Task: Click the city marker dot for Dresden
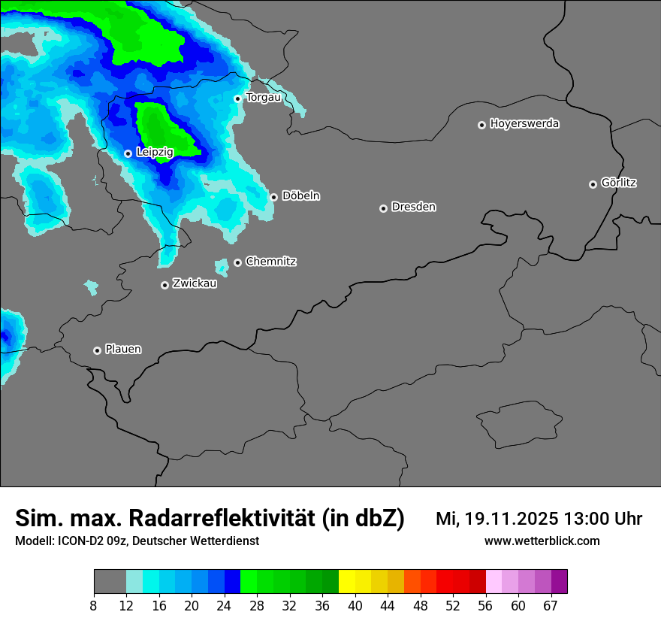(383, 208)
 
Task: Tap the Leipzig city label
(155, 152)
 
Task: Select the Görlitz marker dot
(593, 184)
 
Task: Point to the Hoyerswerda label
(524, 123)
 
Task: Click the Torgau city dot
(237, 98)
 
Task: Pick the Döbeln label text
(300, 195)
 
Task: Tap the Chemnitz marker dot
(238, 262)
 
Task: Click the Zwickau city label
(195, 283)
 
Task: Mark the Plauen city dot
(97, 350)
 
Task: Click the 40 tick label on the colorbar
(355, 606)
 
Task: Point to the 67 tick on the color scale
(551, 606)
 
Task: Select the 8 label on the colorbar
(94, 606)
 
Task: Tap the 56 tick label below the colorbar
(485, 606)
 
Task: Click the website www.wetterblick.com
(542, 541)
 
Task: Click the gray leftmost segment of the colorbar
(110, 582)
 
